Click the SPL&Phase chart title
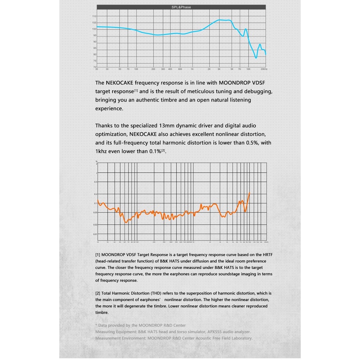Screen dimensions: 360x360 [x=180, y=8]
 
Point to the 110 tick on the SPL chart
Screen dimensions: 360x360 [x=94, y=16]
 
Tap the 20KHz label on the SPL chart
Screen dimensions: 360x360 [x=263, y=69]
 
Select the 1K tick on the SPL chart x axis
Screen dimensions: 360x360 [x=192, y=69]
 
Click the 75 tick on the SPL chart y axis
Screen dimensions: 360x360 [x=94, y=61]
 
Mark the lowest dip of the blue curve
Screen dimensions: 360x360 [x=256, y=58]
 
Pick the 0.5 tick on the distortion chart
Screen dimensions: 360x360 [x=96, y=182]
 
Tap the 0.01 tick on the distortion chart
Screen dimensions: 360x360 [x=96, y=234]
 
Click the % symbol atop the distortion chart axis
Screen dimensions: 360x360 [x=97, y=161]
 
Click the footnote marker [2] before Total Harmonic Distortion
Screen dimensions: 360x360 [x=98, y=293]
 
